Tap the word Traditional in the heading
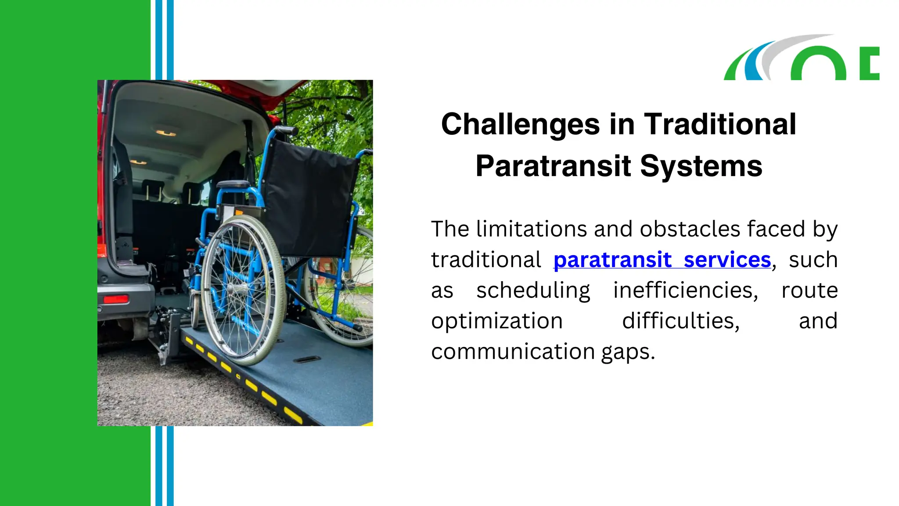[x=720, y=125]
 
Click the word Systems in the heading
[x=701, y=166]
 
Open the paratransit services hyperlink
[x=662, y=260]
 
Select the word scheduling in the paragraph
[x=533, y=291]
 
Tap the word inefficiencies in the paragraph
[x=685, y=291]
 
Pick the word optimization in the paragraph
[x=497, y=321]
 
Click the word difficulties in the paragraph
[x=681, y=321]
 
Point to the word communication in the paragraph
[x=513, y=352]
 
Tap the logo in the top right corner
[x=801, y=58]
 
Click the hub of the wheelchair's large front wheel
[x=237, y=289]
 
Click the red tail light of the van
[x=115, y=299]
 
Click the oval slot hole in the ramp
[x=307, y=360]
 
